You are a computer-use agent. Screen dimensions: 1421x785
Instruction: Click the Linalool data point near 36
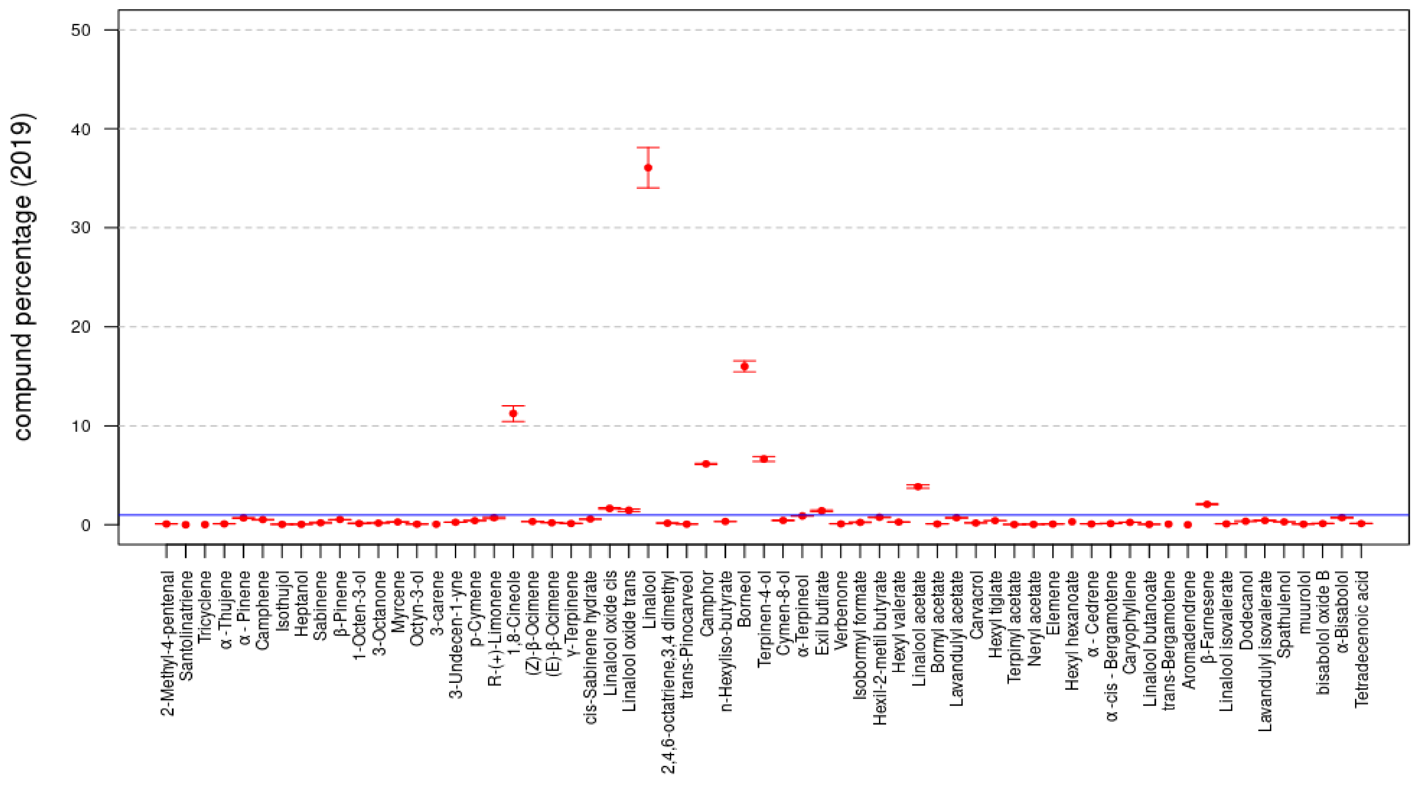pyautogui.click(x=648, y=168)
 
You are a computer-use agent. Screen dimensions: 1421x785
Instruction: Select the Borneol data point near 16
pyautogui.click(x=744, y=367)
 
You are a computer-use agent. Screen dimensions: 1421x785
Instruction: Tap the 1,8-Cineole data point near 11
pyautogui.click(x=513, y=413)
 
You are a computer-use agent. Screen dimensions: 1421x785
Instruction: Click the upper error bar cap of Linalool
pyautogui.click(x=648, y=148)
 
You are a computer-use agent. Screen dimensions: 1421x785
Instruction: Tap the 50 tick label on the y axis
pyautogui.click(x=81, y=30)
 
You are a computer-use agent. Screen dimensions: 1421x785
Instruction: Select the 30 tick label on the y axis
pyautogui.click(x=81, y=228)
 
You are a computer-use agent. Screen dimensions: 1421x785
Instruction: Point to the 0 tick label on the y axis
pyautogui.click(x=85, y=525)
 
